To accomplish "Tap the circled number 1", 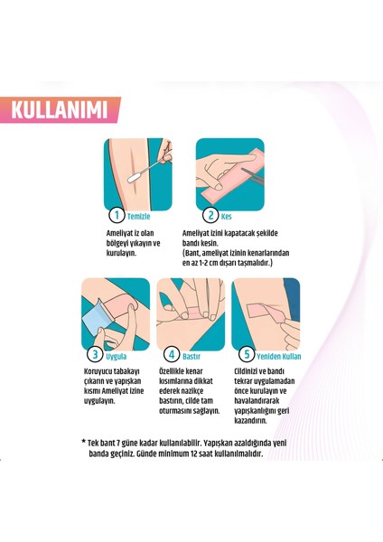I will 115,215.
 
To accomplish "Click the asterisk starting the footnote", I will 83,442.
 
